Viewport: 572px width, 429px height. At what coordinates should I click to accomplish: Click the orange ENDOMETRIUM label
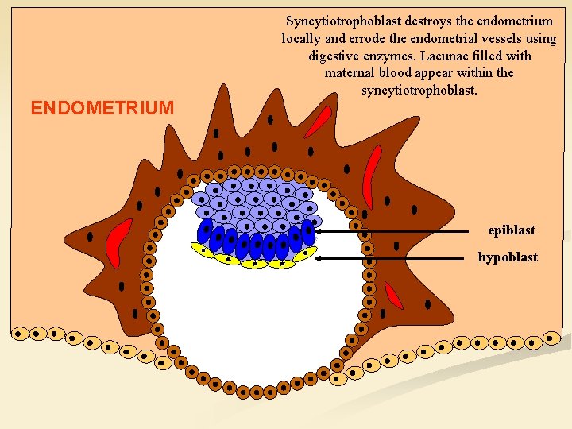(102, 108)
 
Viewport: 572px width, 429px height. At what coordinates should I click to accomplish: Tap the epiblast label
(512, 230)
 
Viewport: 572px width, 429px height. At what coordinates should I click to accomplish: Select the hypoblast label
(508, 257)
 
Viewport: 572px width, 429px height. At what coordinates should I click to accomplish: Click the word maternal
(350, 73)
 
